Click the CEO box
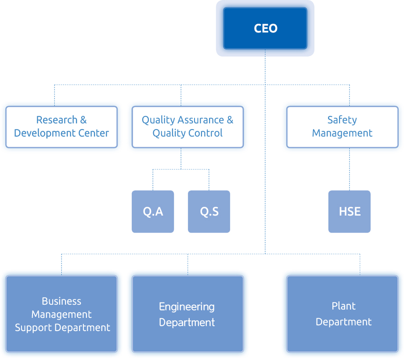(265, 28)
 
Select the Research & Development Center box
(61, 127)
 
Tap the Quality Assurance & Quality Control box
(188, 127)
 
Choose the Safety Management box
(343, 127)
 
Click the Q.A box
(153, 212)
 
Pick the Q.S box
(209, 212)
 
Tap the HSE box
(350, 212)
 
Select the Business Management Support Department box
(61, 313)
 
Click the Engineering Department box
(188, 313)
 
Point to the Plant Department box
(343, 313)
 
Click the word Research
(57, 120)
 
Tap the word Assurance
(201, 120)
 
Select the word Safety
(342, 120)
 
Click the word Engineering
(187, 307)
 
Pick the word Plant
(343, 306)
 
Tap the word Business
(61, 301)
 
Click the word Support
(34, 328)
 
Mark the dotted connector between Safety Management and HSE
(350, 169)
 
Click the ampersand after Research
(83, 120)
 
